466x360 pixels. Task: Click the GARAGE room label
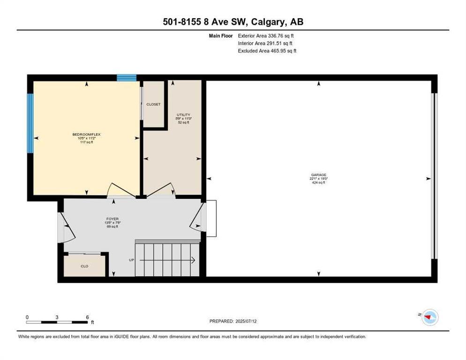317,175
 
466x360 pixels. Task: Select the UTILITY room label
183,115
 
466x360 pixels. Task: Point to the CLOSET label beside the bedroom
153,105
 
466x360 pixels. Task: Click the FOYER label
112,218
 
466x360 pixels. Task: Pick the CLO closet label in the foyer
84,266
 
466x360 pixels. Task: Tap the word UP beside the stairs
132,260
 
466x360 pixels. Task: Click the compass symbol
429,317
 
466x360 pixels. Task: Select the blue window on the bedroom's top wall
127,77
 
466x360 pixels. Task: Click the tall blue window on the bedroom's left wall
30,123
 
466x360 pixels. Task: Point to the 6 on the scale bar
87,317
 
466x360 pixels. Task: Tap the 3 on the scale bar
57,317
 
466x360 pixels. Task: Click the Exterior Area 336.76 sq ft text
266,36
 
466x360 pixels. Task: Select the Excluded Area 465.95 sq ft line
267,51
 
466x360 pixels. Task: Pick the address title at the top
233,22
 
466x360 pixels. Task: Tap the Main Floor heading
220,36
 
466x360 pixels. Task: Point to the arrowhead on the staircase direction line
193,260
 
